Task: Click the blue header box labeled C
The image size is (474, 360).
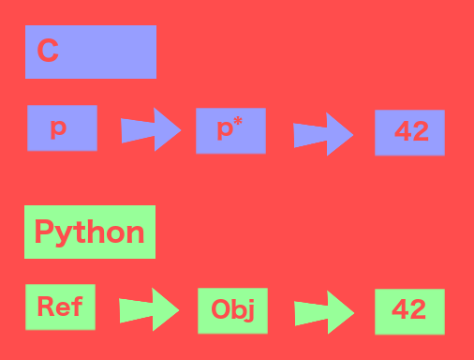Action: pyautogui.click(x=91, y=52)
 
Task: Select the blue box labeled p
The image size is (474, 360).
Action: pyautogui.click(x=62, y=127)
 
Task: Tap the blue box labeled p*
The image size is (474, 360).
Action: pyautogui.click(x=230, y=130)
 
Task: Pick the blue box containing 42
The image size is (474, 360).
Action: pyautogui.click(x=409, y=132)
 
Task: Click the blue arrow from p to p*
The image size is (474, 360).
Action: pyautogui.click(x=150, y=129)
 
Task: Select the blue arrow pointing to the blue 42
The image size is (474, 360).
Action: pyautogui.click(x=323, y=134)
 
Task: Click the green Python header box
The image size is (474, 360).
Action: pyautogui.click(x=90, y=232)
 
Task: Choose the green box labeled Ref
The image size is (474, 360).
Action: pyautogui.click(x=60, y=307)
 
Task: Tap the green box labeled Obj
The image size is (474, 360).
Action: pyautogui.click(x=232, y=310)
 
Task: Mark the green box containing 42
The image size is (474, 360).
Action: pyautogui.click(x=409, y=310)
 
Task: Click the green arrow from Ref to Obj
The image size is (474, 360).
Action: pyautogui.click(x=149, y=308)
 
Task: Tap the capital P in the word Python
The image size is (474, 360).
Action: pyautogui.click(x=44, y=232)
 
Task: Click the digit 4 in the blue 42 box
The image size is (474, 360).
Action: pyautogui.click(x=402, y=132)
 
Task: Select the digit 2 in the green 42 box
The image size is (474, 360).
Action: pyautogui.click(x=418, y=310)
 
